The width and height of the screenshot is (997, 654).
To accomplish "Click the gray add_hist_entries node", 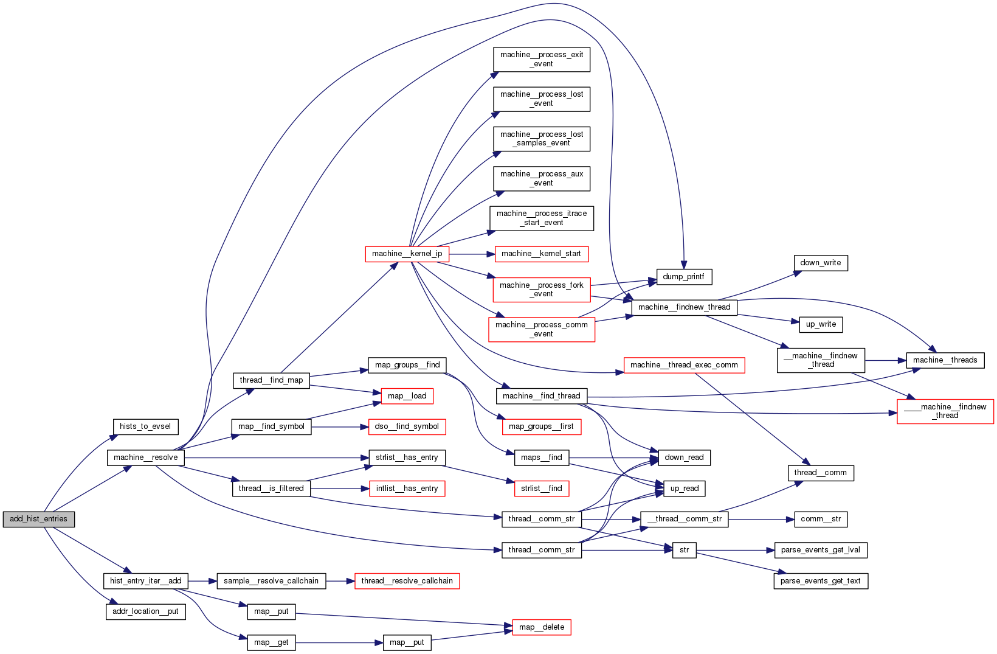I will [39, 519].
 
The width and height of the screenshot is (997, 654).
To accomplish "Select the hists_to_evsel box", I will [145, 426].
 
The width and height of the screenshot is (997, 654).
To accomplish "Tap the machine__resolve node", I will [146, 457].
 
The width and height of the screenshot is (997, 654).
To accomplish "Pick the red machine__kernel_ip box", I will [407, 254].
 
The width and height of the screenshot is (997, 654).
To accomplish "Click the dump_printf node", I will [683, 277].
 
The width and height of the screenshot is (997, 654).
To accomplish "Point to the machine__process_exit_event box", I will [541, 59].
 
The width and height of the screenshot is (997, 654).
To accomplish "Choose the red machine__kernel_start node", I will [541, 254].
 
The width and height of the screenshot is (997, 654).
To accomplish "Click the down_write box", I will [820, 263].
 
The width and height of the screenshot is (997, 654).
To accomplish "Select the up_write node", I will [821, 324].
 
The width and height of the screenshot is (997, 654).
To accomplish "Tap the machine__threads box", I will [945, 360].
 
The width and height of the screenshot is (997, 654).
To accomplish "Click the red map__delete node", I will [541, 627].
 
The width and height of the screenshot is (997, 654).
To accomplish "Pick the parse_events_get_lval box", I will [820, 550].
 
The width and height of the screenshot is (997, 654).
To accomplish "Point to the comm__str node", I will [820, 519].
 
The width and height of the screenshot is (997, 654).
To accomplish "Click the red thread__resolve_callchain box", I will [407, 581].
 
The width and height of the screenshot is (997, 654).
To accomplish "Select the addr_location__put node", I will [145, 611].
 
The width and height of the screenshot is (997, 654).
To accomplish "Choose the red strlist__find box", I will [541, 488].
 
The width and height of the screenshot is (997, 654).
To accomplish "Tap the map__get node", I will [271, 642].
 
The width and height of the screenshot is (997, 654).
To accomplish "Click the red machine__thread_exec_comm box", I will [684, 365].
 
